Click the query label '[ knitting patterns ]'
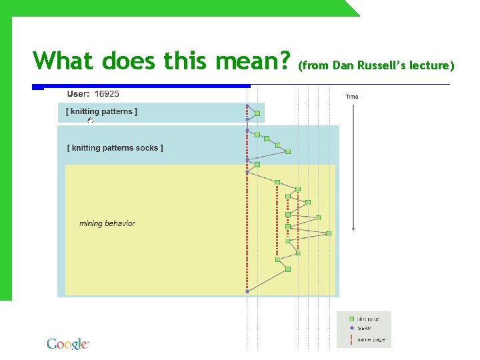point(101,111)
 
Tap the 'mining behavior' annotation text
point(107,223)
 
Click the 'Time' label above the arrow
point(352,97)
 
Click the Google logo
point(67,344)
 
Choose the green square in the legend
point(351,319)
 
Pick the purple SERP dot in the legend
point(351,328)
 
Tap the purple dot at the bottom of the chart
point(247,291)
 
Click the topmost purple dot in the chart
point(247,106)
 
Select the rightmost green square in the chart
point(329,233)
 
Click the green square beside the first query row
point(257,113)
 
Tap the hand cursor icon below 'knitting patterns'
point(90,121)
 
